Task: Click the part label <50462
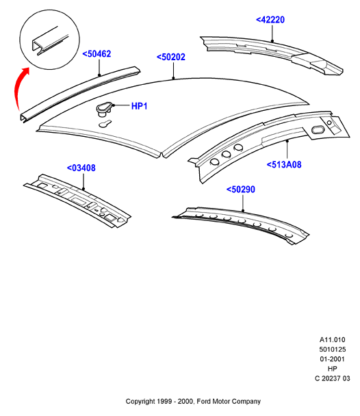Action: pyautogui.click(x=97, y=54)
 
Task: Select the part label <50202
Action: pyautogui.click(x=171, y=57)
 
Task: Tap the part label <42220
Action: pyautogui.click(x=270, y=20)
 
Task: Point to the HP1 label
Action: pyautogui.click(x=140, y=106)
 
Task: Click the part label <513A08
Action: pyautogui.click(x=284, y=164)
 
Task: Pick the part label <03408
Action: pyautogui.click(x=81, y=168)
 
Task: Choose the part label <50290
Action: pyautogui.click(x=241, y=190)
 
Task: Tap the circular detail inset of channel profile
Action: pyautogui.click(x=50, y=40)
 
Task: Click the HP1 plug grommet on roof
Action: pyautogui.click(x=103, y=109)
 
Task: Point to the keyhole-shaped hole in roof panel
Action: pyautogui.click(x=105, y=124)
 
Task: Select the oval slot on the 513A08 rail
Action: pyautogui.click(x=318, y=130)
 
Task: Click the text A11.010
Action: pyautogui.click(x=332, y=340)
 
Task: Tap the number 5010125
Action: pyautogui.click(x=332, y=350)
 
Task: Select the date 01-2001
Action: pyautogui.click(x=332, y=359)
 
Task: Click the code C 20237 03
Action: pyautogui.click(x=333, y=378)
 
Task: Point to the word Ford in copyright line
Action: pyautogui.click(x=203, y=402)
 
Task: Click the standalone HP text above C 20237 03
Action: pyautogui.click(x=333, y=369)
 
